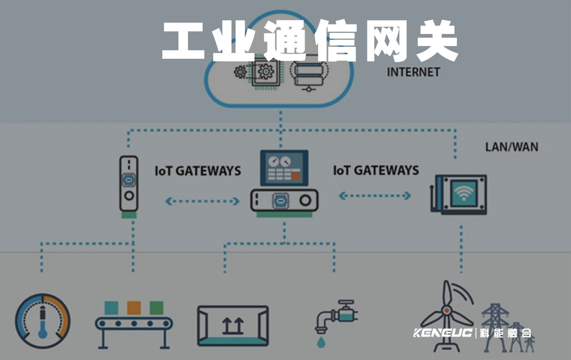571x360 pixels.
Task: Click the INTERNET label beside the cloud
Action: (413, 72)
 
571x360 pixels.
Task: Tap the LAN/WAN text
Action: (511, 147)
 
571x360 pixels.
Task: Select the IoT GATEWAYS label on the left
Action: (198, 171)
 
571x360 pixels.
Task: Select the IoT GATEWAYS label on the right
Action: (376, 170)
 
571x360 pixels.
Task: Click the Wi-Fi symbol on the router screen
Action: (464, 193)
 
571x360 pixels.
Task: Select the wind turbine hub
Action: (447, 311)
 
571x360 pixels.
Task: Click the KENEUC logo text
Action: (443, 333)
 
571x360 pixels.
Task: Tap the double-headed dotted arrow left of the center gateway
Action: (203, 201)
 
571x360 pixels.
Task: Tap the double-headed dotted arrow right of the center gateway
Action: (375, 196)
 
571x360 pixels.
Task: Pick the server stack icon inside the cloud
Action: (310, 72)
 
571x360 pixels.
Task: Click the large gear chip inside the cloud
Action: (266, 72)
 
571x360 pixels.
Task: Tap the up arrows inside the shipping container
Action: (232, 326)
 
